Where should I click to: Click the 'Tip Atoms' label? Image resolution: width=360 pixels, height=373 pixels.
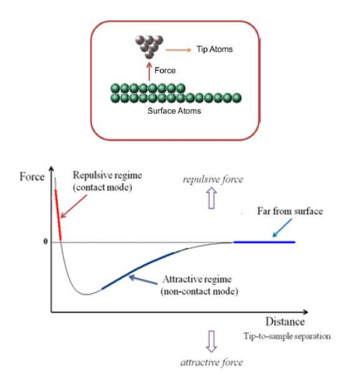pos(215,50)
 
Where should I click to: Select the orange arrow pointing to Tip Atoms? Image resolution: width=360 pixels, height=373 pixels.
pos(178,50)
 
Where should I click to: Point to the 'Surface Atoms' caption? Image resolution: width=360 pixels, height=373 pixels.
pos(174,110)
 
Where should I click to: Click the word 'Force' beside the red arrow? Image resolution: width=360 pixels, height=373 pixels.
pos(165,71)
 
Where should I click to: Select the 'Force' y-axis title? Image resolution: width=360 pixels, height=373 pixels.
pos(32,177)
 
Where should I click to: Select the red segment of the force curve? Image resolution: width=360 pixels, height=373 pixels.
pos(58,215)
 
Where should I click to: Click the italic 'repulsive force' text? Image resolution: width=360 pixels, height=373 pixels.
pos(213,180)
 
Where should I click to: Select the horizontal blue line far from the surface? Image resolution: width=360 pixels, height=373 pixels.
pos(264,242)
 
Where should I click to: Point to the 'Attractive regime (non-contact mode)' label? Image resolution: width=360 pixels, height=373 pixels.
pos(197,285)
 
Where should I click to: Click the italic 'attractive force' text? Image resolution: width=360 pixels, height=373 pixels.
pos(212,362)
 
